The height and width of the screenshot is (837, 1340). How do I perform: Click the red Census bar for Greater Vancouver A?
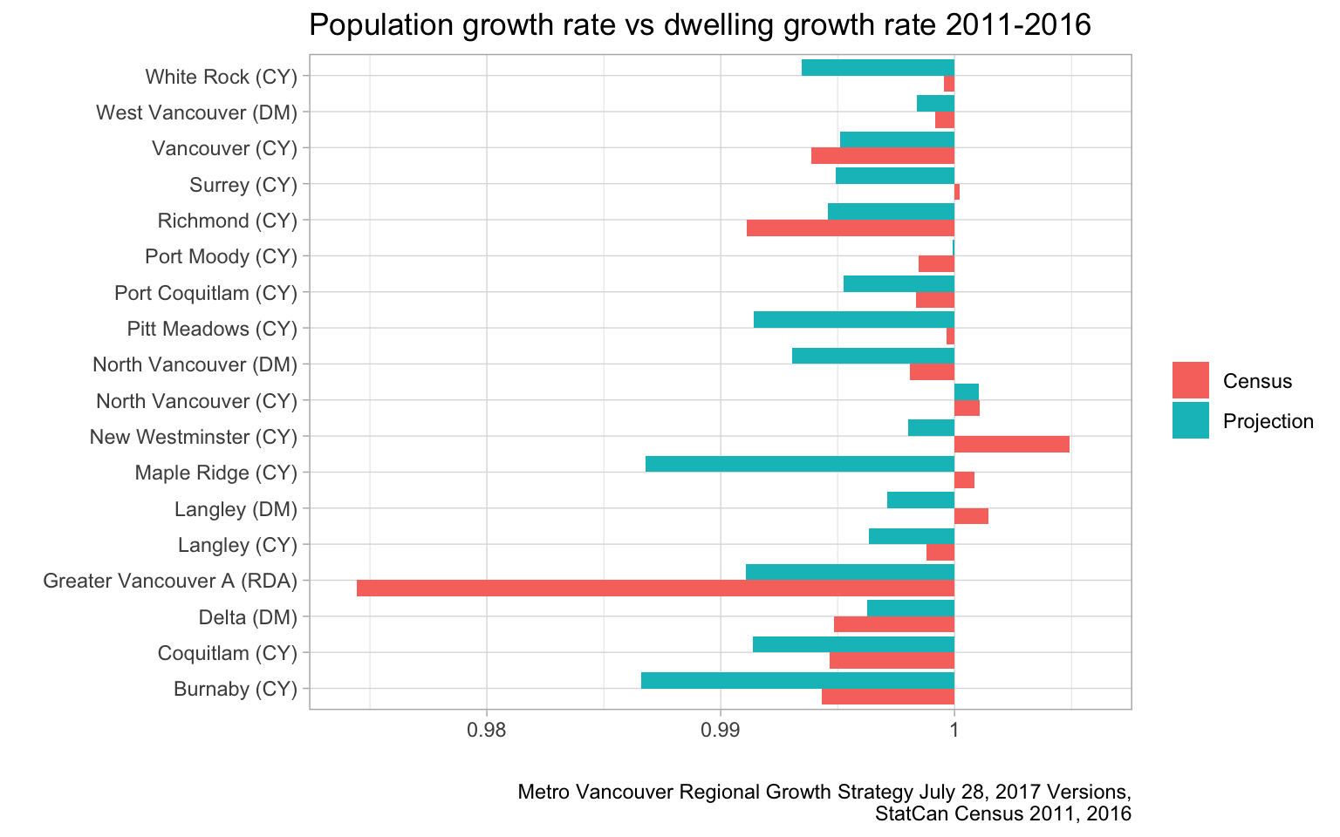[x=655, y=589]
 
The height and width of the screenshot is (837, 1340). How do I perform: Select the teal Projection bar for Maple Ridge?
[x=800, y=464]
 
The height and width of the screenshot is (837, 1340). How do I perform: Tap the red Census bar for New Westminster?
[x=1012, y=445]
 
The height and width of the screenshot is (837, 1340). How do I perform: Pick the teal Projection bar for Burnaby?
[x=797, y=680]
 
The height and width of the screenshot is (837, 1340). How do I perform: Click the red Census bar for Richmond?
[x=851, y=228]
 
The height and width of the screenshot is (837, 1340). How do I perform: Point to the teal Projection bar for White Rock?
[x=878, y=68]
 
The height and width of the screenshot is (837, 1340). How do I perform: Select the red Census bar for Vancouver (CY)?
[x=883, y=156]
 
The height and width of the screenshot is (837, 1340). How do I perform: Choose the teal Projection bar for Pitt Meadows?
[x=854, y=320]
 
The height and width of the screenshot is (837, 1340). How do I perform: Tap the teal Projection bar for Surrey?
[x=895, y=176]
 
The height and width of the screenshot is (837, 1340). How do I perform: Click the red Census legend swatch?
[x=1191, y=381]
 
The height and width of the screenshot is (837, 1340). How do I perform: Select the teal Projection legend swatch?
[x=1191, y=421]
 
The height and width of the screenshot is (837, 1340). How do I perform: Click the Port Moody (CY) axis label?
[x=221, y=257]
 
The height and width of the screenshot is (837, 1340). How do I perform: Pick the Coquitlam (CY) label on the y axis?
[x=227, y=653]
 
